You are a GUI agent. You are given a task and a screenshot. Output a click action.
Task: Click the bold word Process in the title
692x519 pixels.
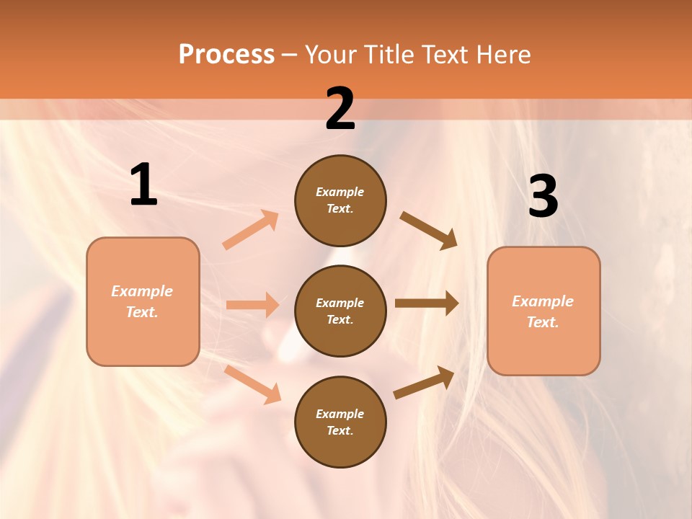[226, 54]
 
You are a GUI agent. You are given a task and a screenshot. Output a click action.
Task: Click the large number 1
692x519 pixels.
[143, 185]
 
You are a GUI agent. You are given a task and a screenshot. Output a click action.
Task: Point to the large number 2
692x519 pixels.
[340, 110]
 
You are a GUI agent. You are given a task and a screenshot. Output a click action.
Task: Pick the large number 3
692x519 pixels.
[544, 197]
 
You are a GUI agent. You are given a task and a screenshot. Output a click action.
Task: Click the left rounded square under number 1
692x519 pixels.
[143, 301]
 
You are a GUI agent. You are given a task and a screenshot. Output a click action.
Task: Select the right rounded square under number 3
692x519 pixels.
[544, 311]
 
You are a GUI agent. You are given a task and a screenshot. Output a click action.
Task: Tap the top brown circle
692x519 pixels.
[340, 200]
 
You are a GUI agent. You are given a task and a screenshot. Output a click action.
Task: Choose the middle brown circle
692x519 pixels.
[340, 311]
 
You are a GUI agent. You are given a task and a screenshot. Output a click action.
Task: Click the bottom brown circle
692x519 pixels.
[340, 422]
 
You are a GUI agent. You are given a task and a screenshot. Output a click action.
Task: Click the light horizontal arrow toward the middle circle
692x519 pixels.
[252, 305]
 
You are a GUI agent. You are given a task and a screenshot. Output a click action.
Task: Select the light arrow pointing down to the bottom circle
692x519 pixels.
[252, 384]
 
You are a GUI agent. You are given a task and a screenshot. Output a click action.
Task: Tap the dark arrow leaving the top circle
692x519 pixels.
[429, 231]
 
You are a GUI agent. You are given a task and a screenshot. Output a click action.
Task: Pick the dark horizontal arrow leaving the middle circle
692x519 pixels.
[427, 303]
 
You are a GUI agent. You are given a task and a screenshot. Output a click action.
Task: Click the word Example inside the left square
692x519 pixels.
[142, 291]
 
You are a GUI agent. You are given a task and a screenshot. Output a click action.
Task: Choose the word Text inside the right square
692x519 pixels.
[542, 322]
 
